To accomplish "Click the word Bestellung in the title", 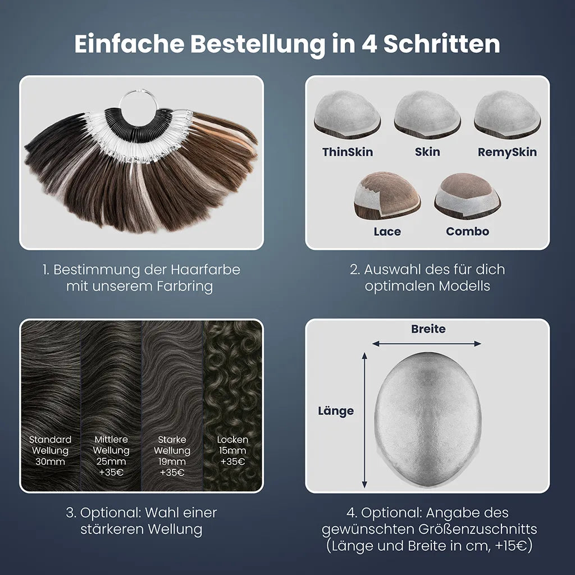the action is tap(257, 44).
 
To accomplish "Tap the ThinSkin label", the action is tap(348, 152).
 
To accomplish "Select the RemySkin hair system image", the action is tap(508, 115).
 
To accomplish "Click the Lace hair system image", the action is tap(387, 196).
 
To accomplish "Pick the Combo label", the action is tap(468, 231).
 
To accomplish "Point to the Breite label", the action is tap(428, 329).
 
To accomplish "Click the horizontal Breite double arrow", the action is tap(427, 344).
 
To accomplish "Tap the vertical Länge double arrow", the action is tap(364, 420).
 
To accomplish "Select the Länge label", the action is tap(336, 411).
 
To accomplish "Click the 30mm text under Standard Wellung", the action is tap(50, 462).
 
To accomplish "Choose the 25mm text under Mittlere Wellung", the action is tap(111, 462).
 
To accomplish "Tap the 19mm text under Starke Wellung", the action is tap(172, 462).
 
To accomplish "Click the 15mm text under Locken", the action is tap(232, 451).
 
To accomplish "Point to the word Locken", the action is tap(232, 440).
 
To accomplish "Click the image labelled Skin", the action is tap(427, 115).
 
